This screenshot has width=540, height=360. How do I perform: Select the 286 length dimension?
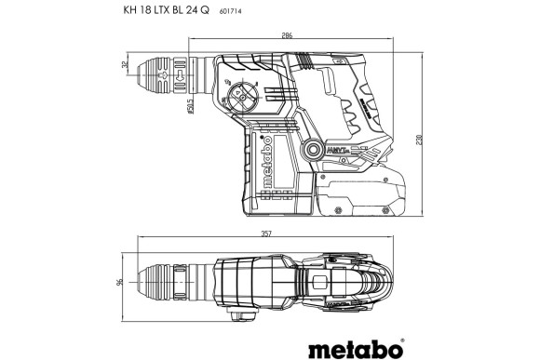click(287, 36)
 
